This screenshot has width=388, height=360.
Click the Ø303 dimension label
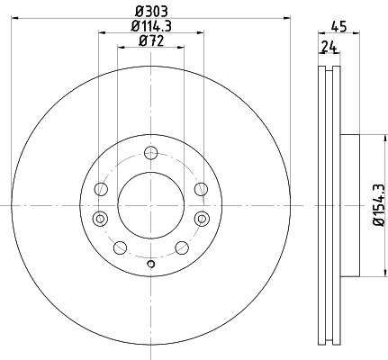coord(151,12)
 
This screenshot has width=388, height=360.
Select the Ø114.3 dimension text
coord(151,26)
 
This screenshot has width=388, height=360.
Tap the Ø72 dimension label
coord(151,40)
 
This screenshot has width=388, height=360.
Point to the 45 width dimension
coord(338,26)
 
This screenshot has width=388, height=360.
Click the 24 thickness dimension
coord(329,47)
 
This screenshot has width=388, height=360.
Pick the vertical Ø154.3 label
coord(379,205)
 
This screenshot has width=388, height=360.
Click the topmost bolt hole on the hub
coord(150,153)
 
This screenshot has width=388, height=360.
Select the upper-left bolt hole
coord(101,189)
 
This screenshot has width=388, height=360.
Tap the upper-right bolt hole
coord(201,189)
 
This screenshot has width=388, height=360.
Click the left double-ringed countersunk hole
coord(100,219)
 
